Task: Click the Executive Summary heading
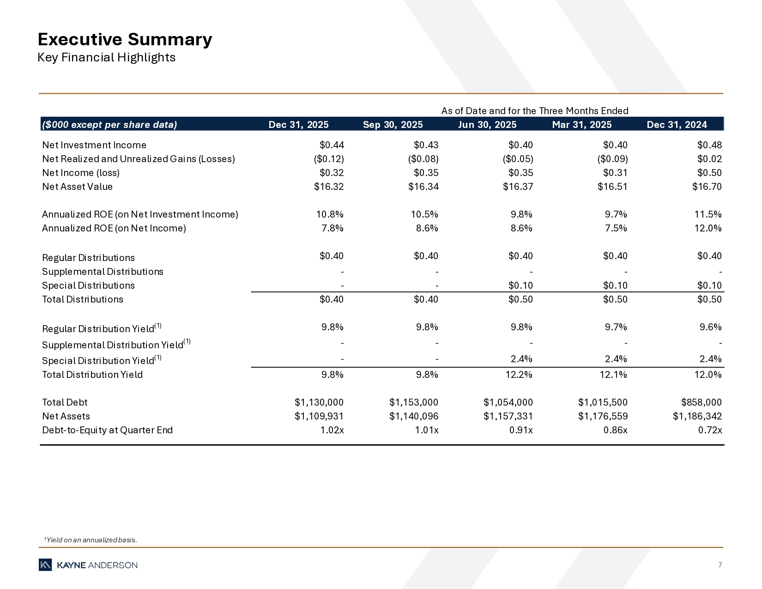coord(125,40)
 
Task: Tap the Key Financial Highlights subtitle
coord(106,58)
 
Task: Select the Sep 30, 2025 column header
coord(393,125)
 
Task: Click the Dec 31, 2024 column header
coord(677,125)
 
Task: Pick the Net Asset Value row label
coord(77,187)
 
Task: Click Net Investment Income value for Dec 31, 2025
coord(332,145)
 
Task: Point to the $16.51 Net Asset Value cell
coord(612,187)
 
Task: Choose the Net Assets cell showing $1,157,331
coord(508,416)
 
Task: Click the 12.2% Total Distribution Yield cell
coord(520,375)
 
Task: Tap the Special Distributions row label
coord(88,285)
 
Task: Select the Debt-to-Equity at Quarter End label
coord(107,430)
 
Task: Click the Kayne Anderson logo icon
coord(45,565)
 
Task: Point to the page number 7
coord(720,565)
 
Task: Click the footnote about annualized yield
coord(91,540)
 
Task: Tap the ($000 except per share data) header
coord(109,125)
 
